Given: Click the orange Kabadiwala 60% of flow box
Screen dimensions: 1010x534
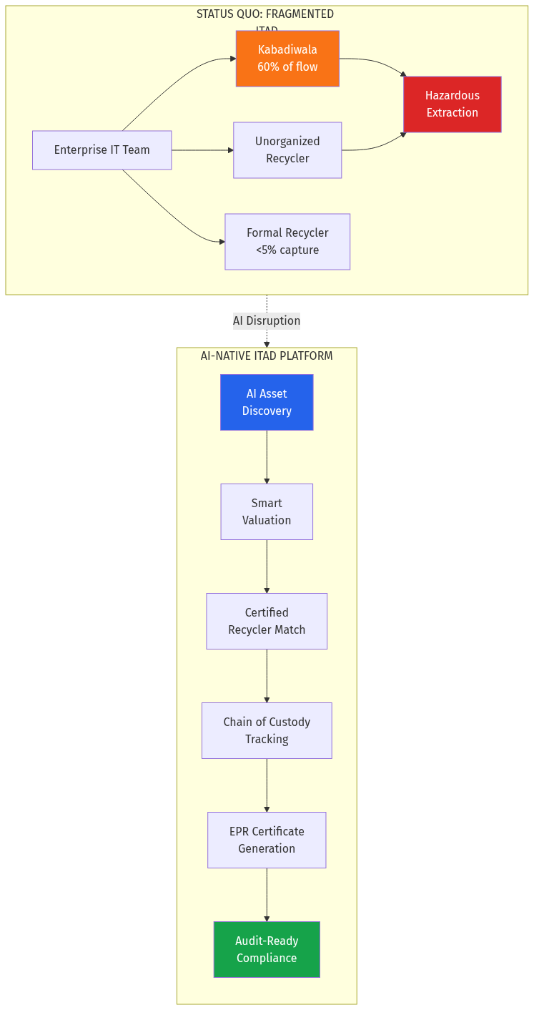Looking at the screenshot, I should point(287,59).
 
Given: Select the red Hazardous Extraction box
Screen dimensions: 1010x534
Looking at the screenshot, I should point(452,104).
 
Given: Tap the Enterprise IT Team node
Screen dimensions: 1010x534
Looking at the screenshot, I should point(102,150).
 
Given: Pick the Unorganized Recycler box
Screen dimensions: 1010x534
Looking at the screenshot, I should point(287,150).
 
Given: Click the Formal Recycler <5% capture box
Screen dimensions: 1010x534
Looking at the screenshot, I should point(287,242).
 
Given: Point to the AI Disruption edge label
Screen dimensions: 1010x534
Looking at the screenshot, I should point(267,321).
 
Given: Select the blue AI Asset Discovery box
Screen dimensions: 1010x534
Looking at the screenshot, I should point(267,402).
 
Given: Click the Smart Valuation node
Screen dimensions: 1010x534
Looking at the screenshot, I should point(267,511).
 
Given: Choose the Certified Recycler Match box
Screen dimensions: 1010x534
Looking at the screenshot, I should point(267,621).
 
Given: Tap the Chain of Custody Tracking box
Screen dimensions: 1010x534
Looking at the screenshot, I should point(267,730).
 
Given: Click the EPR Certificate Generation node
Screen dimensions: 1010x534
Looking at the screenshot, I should point(267,840).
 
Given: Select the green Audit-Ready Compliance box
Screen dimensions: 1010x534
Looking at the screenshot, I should point(267,949).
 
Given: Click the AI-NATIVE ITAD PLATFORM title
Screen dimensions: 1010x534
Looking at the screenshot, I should point(267,356).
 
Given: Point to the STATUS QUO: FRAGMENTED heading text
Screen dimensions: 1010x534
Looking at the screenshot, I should point(265,14).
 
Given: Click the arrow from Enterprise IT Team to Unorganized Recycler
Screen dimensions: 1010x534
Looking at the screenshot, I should point(202,150).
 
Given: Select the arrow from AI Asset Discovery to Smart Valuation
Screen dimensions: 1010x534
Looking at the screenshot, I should point(267,457).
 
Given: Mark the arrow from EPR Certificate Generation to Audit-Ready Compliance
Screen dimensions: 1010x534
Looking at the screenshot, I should point(267,895).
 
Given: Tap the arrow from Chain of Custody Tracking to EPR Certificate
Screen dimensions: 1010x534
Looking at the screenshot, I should point(267,785).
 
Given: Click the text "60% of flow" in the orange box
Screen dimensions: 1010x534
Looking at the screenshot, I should point(287,67).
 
